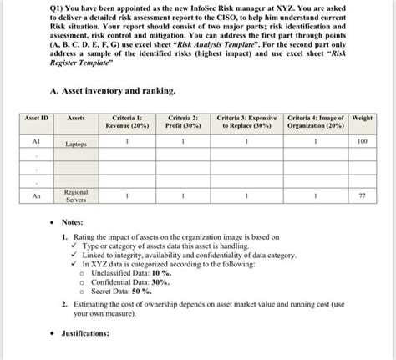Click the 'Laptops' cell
81,145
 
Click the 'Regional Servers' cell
81,197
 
